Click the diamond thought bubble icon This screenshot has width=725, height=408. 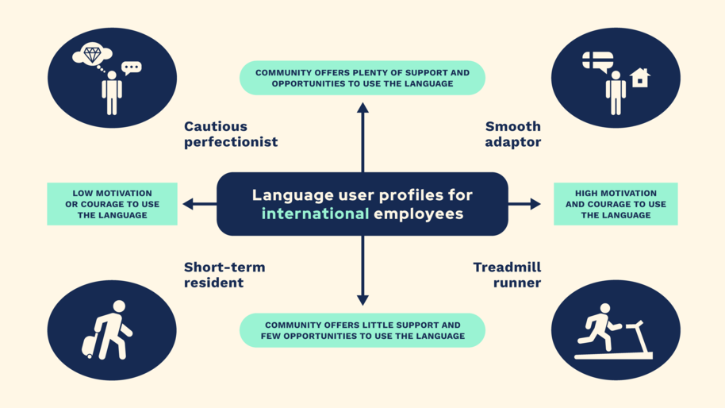tap(92, 55)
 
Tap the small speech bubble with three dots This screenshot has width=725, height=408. tap(132, 68)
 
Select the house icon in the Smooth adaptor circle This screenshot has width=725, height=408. tap(639, 78)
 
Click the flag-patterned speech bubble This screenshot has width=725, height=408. tap(597, 61)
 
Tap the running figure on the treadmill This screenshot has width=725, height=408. tap(599, 325)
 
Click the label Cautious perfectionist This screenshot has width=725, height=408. tap(231, 134)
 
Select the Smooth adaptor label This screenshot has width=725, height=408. tap(512, 134)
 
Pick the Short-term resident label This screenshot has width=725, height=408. tap(224, 275)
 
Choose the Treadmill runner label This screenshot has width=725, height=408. tap(507, 275)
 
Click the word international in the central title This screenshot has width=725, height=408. tap(316, 214)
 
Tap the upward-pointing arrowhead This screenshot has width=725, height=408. tap(362, 108)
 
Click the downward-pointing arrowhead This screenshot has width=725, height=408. tap(362, 300)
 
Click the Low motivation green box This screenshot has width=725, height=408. tap(112, 204)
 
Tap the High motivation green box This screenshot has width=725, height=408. tap(616, 204)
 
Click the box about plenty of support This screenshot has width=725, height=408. tap(362, 78)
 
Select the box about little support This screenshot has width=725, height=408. tap(362, 330)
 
